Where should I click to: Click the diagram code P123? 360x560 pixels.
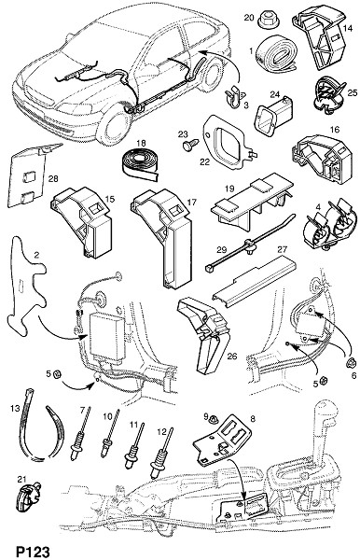pyautogui.click(x=33, y=551)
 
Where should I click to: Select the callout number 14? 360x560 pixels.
pyautogui.click(x=347, y=28)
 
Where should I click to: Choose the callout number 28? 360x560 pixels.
pyautogui.click(x=53, y=178)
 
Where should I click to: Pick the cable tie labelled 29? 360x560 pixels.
pyautogui.click(x=251, y=244)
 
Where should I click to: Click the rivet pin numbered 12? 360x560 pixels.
pyautogui.click(x=162, y=454)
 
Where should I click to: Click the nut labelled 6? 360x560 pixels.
pyautogui.click(x=351, y=363)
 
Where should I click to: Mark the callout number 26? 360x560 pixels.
pyautogui.click(x=232, y=357)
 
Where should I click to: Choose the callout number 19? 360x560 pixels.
pyautogui.click(x=229, y=188)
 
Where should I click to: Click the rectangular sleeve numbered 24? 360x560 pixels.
pyautogui.click(x=273, y=115)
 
